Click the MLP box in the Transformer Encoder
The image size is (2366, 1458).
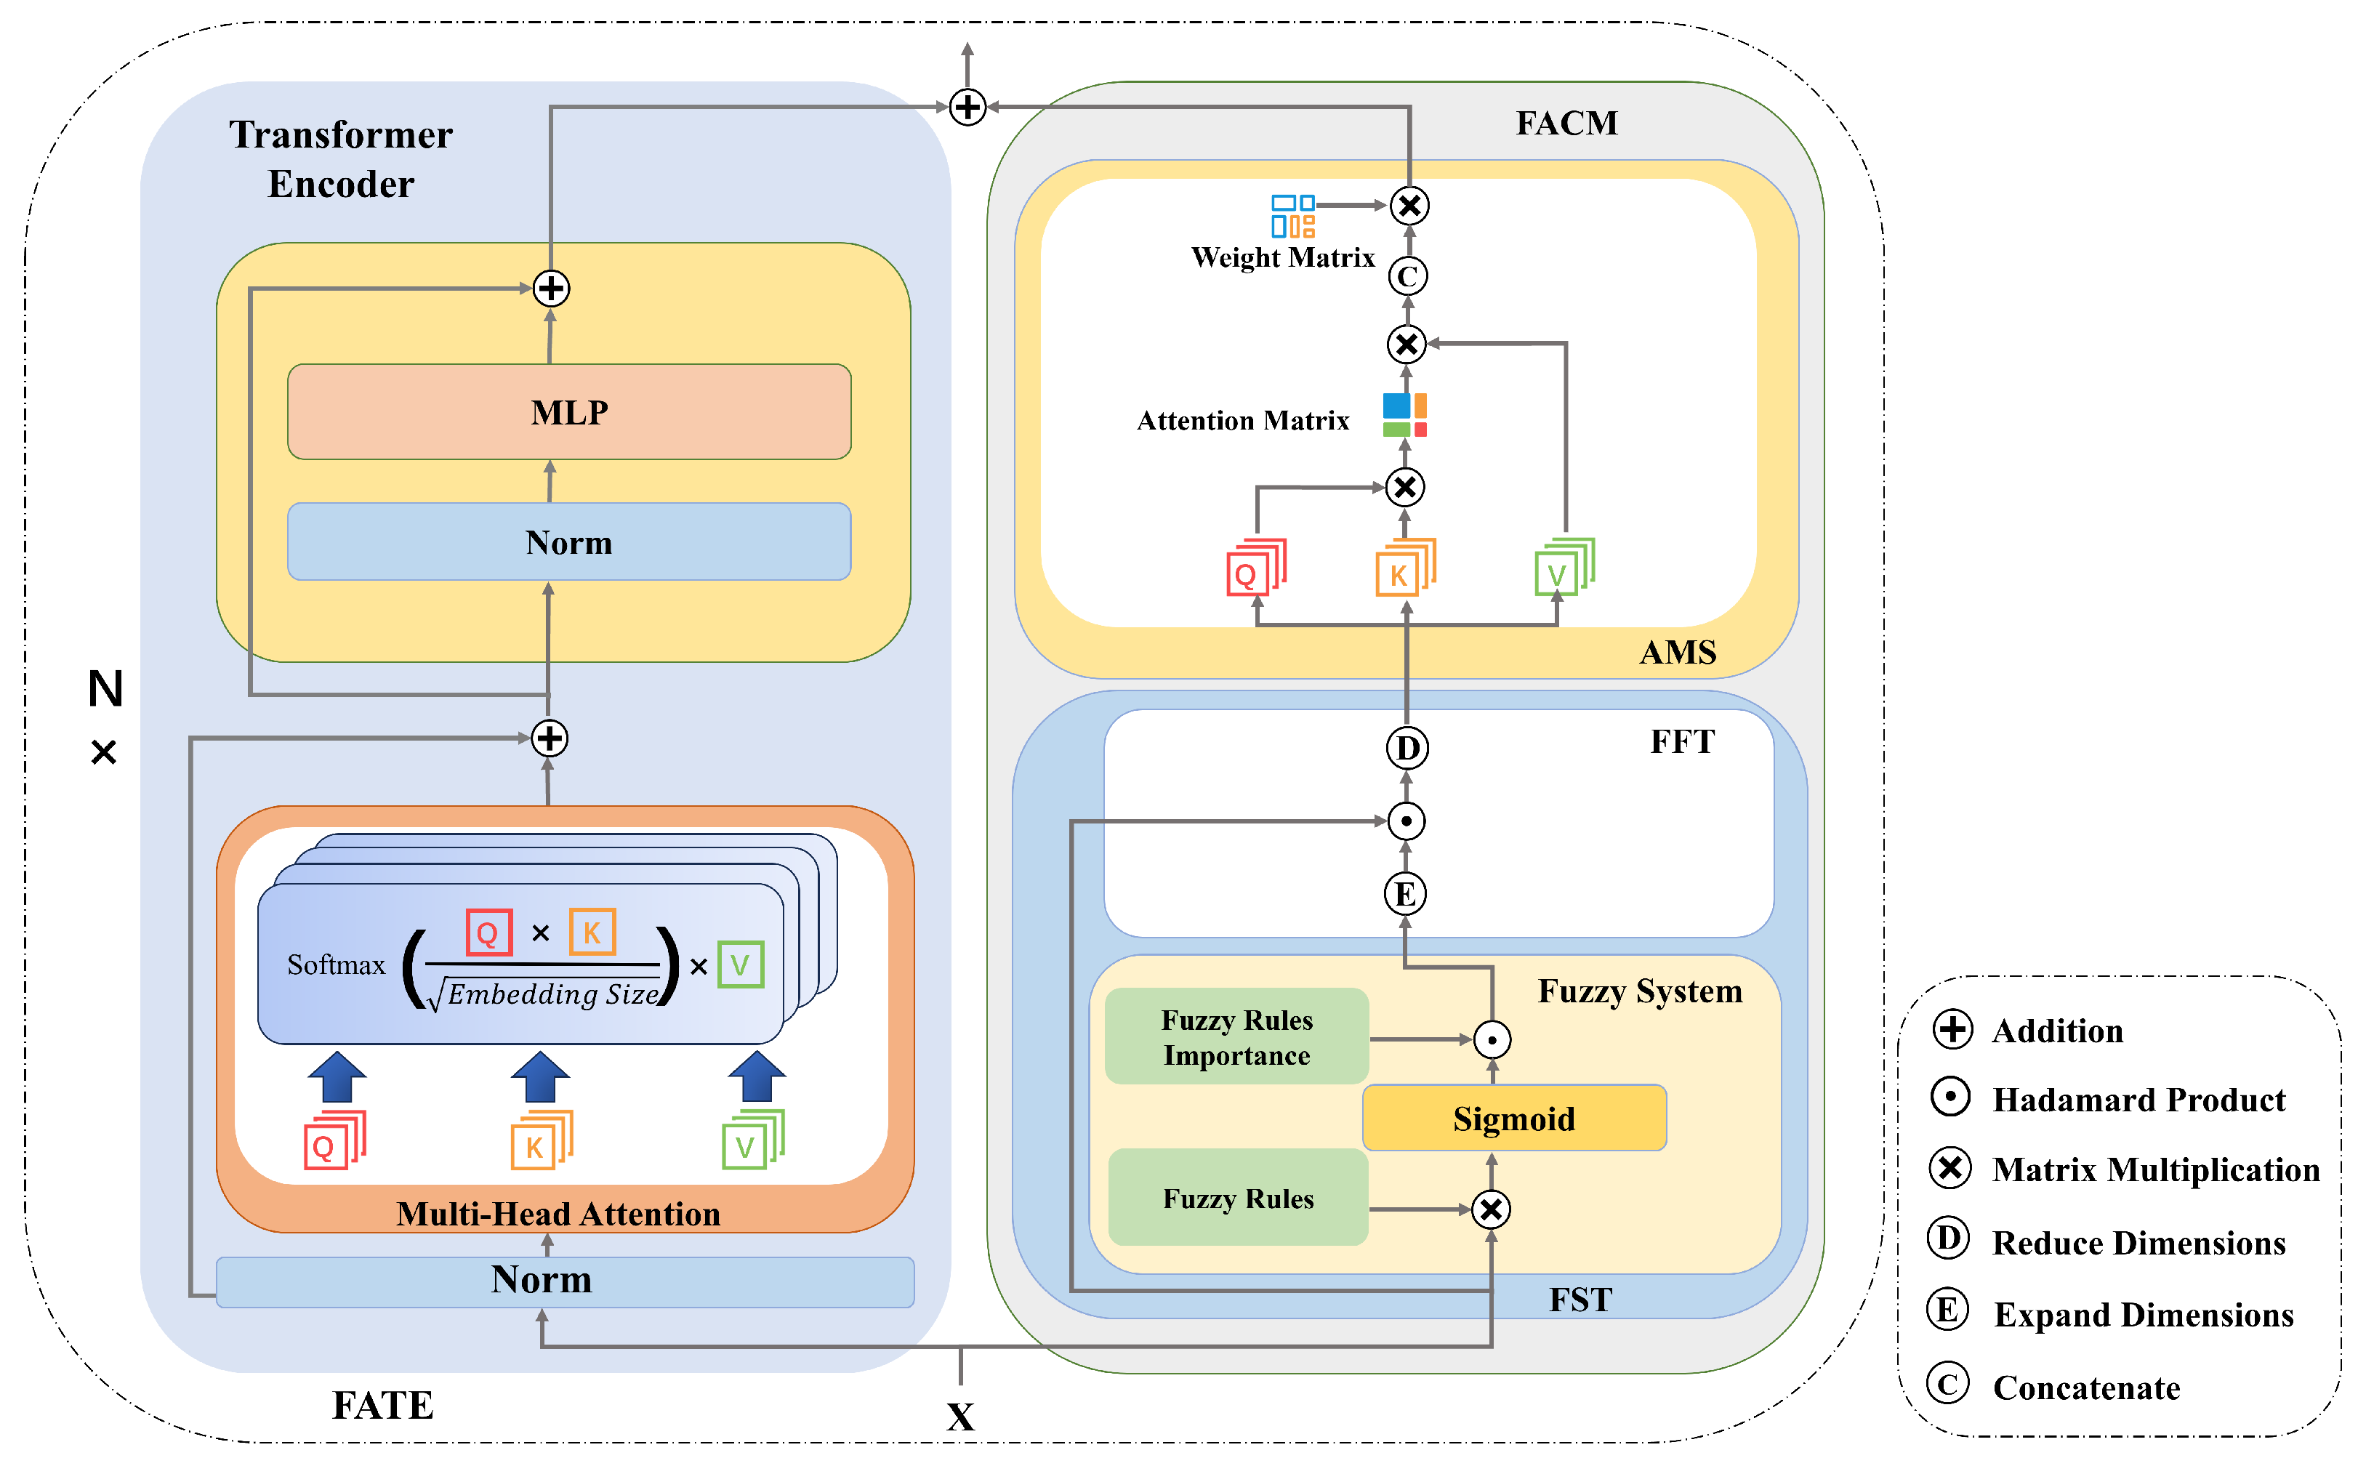tap(569, 412)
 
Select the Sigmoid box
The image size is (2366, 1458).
tap(1513, 1119)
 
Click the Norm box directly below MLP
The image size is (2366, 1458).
tap(569, 542)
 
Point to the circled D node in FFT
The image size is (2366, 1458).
tap(1407, 749)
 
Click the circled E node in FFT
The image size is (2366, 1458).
tap(1405, 894)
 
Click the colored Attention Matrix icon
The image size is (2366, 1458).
tap(1405, 414)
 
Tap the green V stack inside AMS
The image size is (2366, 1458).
tap(1563, 569)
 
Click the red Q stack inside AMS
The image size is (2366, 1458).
tap(1255, 569)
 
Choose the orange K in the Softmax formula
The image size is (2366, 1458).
tap(592, 933)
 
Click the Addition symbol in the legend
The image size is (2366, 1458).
tap(1952, 1029)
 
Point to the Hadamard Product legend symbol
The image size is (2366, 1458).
tap(1950, 1097)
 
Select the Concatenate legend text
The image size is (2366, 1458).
tap(2085, 1387)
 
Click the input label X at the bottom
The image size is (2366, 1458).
tap(960, 1417)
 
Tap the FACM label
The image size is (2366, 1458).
tap(1566, 124)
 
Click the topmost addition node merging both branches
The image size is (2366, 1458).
tap(967, 107)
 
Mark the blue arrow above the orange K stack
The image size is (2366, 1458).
tap(540, 1076)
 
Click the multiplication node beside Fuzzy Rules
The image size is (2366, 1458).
tap(1491, 1209)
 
